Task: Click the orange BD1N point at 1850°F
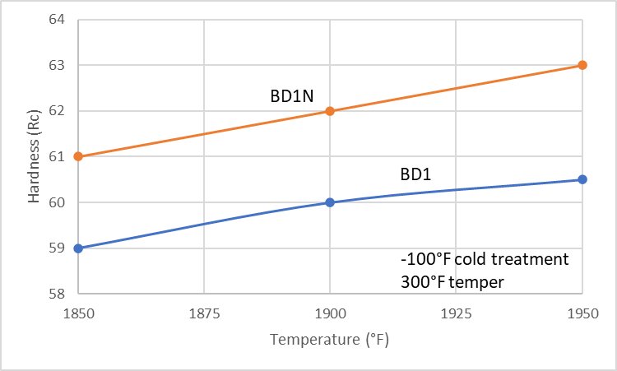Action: [77, 156]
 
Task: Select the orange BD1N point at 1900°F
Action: [330, 110]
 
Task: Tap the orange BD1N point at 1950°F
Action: [582, 65]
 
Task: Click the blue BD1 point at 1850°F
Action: [77, 248]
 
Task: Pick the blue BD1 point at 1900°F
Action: [330, 202]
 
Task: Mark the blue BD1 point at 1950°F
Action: [582, 179]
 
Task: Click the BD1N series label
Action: [291, 95]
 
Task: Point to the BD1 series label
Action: [415, 175]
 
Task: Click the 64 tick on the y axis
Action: [58, 20]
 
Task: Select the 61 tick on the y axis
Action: [58, 156]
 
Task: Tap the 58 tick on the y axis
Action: [58, 294]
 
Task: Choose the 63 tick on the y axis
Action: [58, 65]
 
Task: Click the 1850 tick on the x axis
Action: [77, 313]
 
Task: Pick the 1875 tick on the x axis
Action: [203, 313]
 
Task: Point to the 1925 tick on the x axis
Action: [456, 313]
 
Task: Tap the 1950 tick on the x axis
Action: [582, 313]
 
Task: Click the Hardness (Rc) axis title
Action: [34, 156]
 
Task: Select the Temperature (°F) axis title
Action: [329, 339]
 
